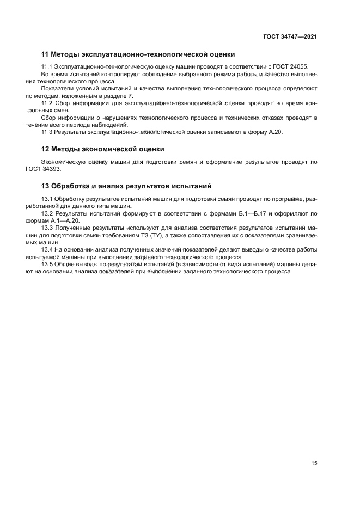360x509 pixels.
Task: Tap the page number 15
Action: pyautogui.click(x=314, y=463)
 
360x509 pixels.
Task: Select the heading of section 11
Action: pyautogui.click(x=138, y=54)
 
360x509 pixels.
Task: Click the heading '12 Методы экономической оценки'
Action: pyautogui.click(x=103, y=149)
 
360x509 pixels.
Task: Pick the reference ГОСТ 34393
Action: pyautogui.click(x=51, y=169)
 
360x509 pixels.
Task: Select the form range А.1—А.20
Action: pyautogui.click(x=63, y=220)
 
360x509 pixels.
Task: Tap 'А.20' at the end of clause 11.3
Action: pyautogui.click(x=276, y=132)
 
